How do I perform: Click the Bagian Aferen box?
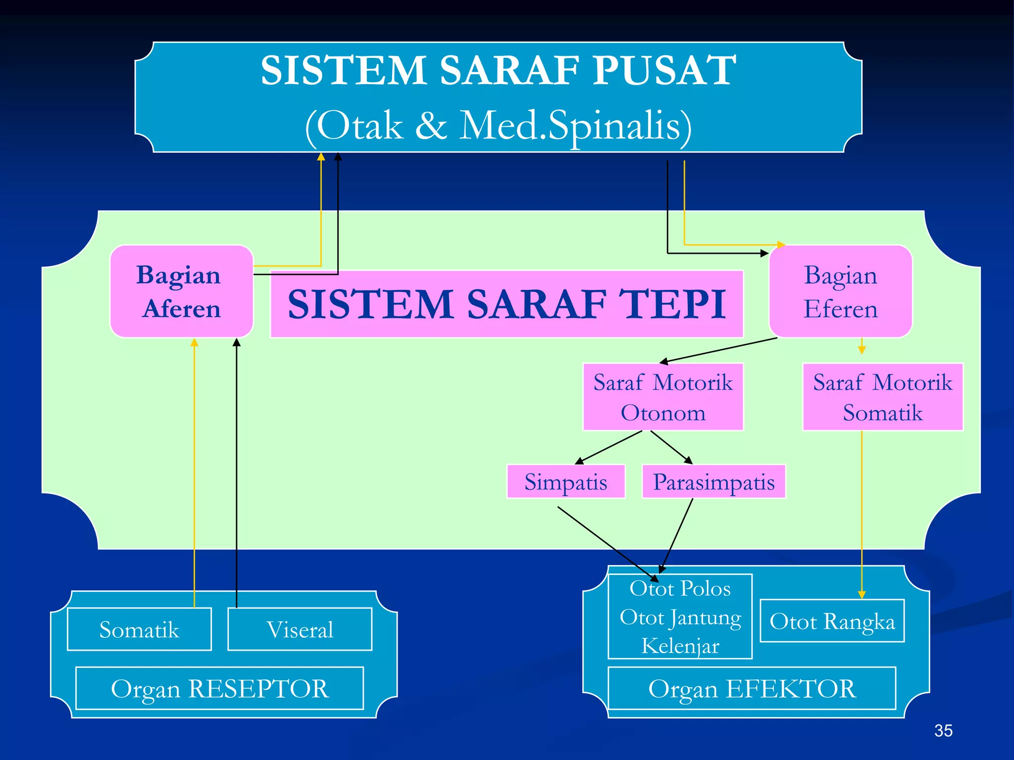[x=181, y=291]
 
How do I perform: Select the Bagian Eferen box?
[x=840, y=291]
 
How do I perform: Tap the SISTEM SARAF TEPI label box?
[x=506, y=304]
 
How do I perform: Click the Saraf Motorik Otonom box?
[x=663, y=397]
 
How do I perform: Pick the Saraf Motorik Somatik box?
[x=882, y=397]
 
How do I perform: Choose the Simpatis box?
[x=565, y=481]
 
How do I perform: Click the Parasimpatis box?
[x=713, y=481]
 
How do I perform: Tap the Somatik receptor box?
[x=139, y=629]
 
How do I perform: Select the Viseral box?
[x=300, y=629]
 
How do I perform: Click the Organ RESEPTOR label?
[x=219, y=688]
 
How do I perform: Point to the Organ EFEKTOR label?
[x=752, y=688]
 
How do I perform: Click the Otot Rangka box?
[x=832, y=621]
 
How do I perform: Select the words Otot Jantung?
[x=680, y=617]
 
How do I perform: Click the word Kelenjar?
[x=680, y=646]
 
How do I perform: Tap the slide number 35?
[x=943, y=730]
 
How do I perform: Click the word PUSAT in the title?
[x=664, y=70]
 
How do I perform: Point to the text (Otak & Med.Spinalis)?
[x=498, y=126]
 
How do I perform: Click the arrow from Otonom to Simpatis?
[x=609, y=447]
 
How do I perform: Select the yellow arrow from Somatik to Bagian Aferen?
[x=194, y=470]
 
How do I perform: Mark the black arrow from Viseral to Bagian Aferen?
[x=237, y=470]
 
